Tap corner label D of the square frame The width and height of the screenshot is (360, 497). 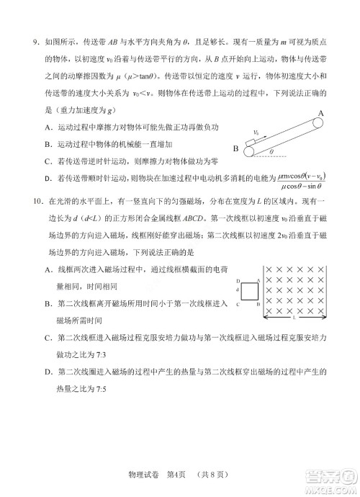(238, 279)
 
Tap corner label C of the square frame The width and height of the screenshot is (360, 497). (238, 305)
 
